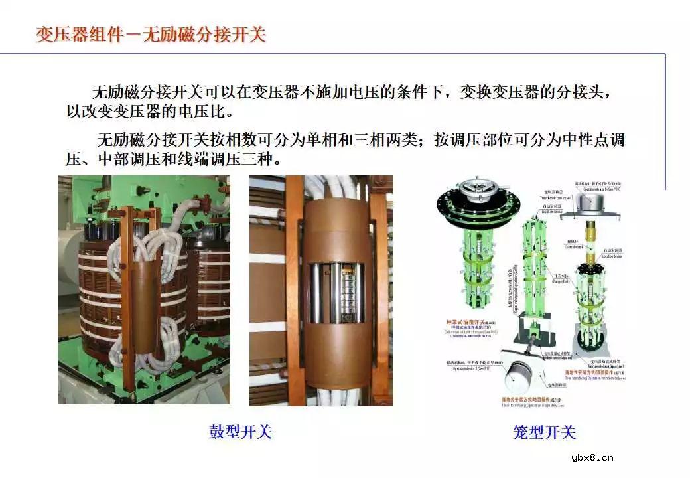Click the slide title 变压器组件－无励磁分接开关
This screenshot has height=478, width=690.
pos(151,34)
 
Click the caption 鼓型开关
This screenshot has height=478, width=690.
pos(240,432)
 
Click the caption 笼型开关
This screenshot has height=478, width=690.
pos(544,433)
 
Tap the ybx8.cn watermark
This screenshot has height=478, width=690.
pos(592,457)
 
